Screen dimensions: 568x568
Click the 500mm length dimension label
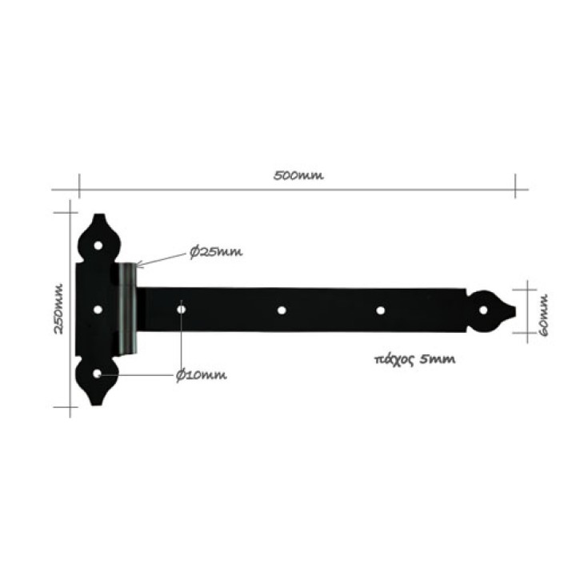(x=298, y=176)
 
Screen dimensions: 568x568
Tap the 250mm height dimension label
(x=59, y=309)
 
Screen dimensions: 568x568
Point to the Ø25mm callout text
(x=216, y=252)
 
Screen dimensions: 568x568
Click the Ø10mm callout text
(x=202, y=375)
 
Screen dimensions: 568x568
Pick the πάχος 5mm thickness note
(x=414, y=360)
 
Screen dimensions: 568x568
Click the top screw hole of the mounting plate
(x=98, y=246)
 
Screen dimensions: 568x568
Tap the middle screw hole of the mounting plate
(x=98, y=310)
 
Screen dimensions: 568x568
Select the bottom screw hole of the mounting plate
(x=97, y=374)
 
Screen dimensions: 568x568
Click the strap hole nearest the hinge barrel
(x=182, y=310)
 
